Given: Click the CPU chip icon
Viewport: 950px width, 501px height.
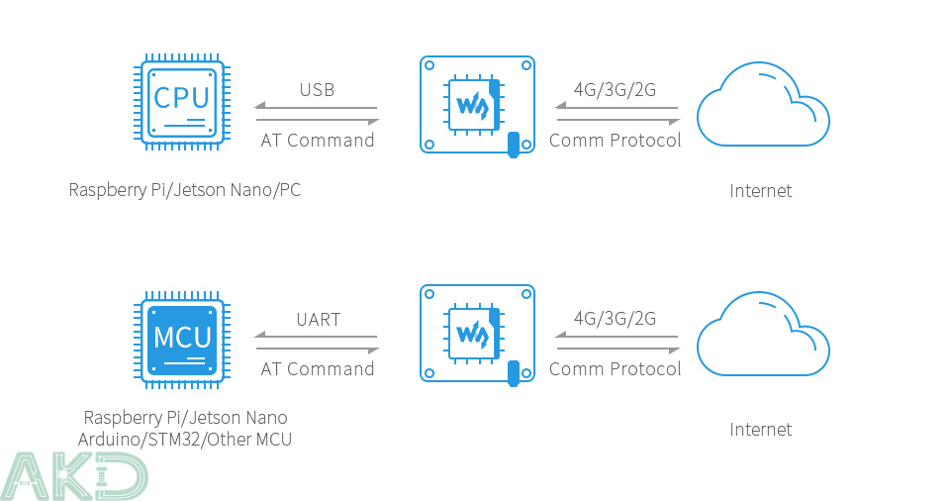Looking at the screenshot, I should tap(182, 103).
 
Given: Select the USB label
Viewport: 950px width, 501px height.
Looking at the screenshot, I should tap(317, 90).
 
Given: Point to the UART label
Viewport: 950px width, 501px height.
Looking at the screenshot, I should tap(318, 320).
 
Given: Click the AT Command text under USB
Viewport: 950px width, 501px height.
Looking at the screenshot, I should tap(318, 141).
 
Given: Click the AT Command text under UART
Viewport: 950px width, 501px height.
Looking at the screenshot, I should tap(318, 369).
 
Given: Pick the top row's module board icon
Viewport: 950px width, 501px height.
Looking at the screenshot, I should tap(478, 104).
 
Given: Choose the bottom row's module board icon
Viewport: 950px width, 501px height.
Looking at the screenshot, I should tap(478, 334).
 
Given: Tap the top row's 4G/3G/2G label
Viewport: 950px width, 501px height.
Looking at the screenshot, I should tap(615, 90).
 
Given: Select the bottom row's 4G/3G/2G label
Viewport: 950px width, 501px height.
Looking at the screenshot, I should tap(615, 319).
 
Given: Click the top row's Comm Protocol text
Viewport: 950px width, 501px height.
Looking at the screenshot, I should tap(616, 141).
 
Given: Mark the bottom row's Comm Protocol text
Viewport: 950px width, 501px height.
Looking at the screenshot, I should tap(616, 369).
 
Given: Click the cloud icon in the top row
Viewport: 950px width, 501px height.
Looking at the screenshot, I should tap(762, 105).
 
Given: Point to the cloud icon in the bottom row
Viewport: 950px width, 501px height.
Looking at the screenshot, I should tap(762, 335).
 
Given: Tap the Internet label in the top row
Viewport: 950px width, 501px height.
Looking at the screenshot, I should tap(761, 191).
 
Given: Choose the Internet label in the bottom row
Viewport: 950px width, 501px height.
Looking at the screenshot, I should tap(761, 430).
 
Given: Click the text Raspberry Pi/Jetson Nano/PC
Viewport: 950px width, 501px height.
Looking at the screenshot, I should tap(185, 190).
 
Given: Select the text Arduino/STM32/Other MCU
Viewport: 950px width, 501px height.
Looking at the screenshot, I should tap(185, 439).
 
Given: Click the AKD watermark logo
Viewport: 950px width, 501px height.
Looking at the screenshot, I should tap(75, 475).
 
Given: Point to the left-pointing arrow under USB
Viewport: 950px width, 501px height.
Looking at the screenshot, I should tap(317, 107).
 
